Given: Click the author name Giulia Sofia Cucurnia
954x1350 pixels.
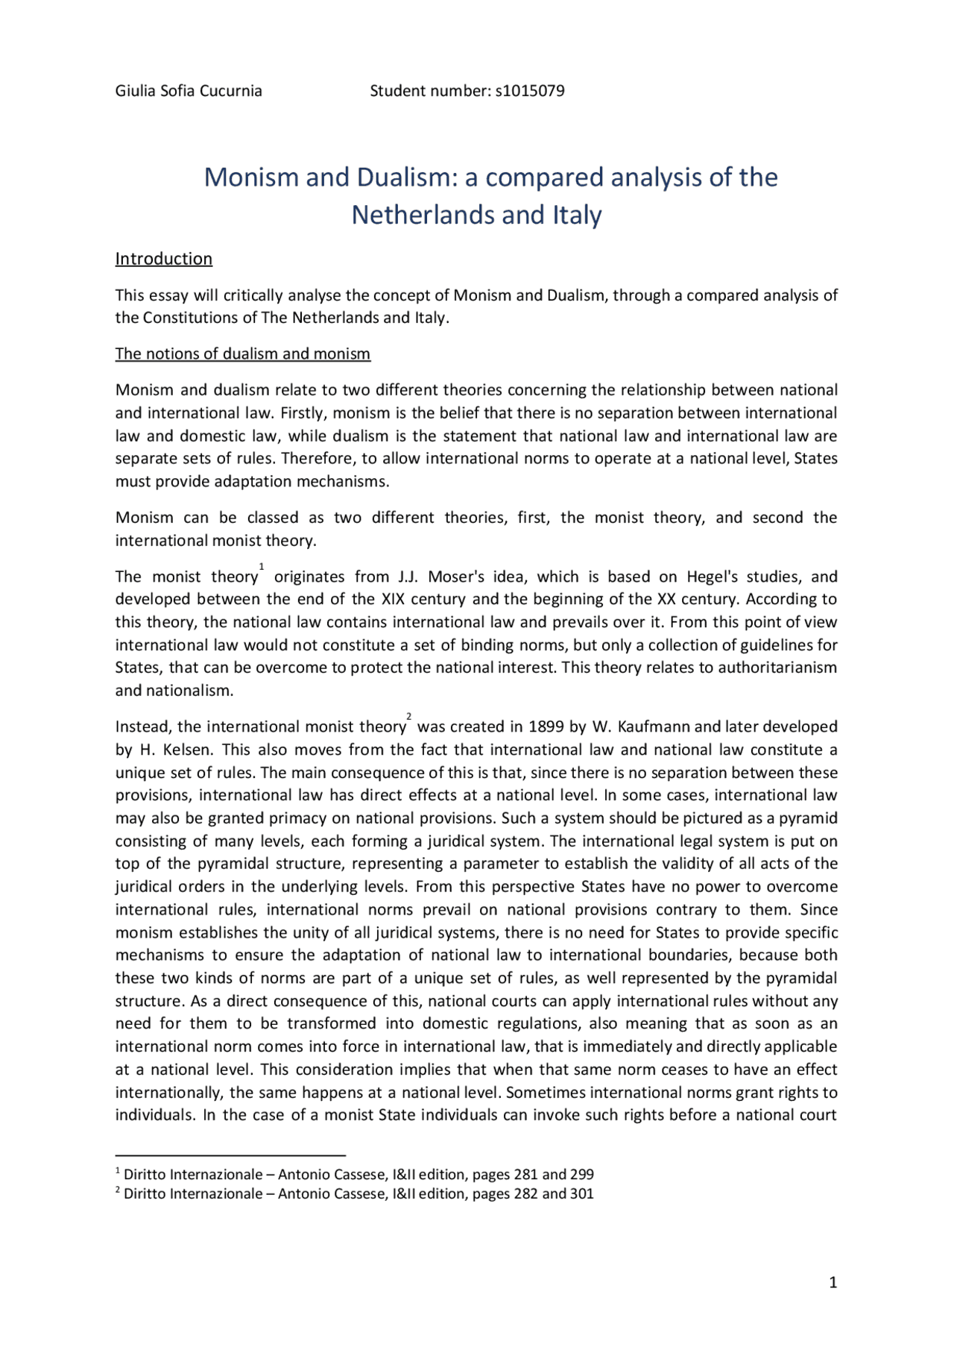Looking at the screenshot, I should pos(189,91).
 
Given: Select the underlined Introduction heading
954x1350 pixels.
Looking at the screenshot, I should pos(163,259).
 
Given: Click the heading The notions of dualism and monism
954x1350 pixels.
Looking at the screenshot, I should pos(242,354).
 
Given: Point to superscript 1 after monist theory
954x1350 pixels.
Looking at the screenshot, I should pos(262,568).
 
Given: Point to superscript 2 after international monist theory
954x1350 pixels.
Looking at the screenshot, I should pos(408,717).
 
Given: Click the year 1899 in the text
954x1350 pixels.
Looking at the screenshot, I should pos(546,727).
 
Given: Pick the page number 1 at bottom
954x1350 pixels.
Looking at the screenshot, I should pos(833,1283).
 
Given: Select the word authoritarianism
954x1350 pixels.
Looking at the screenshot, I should pos(777,668).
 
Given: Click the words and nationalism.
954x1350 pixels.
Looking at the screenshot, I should pos(174,691).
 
